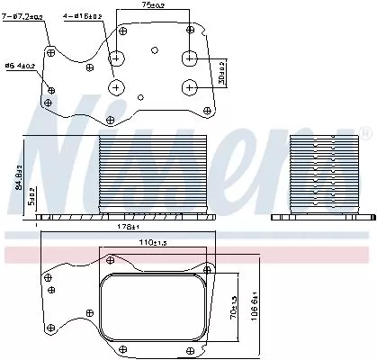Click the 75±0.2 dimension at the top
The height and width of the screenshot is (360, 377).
tap(154, 5)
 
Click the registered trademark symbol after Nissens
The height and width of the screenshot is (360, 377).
tap(365, 134)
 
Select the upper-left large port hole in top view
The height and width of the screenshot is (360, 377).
tap(119, 59)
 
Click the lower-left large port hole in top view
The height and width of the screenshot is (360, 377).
tap(119, 87)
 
